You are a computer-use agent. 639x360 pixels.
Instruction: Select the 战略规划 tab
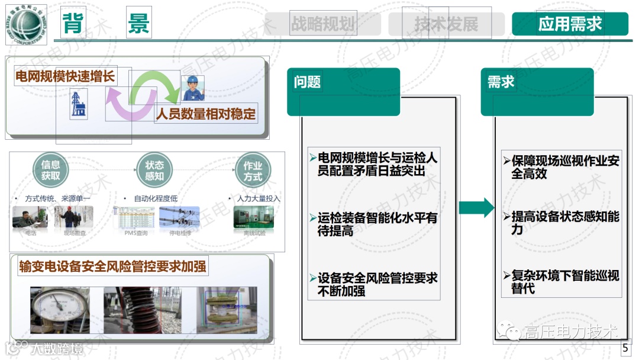322,24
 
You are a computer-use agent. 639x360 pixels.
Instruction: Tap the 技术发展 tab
447,24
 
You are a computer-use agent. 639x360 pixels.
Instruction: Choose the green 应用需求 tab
570,24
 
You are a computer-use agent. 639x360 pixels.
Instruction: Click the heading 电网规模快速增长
64,76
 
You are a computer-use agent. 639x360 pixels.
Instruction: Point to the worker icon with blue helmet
192,88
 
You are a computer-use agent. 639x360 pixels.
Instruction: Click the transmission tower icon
78,104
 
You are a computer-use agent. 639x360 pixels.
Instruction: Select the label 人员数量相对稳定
205,114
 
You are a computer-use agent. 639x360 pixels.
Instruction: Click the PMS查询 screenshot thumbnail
135,217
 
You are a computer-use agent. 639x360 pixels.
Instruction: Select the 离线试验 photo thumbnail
254,217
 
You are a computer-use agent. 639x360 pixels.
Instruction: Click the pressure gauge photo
60,310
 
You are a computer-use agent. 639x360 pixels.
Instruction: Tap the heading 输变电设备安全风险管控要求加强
112,266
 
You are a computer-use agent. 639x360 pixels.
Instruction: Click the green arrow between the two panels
476,207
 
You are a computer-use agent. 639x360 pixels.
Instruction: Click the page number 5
625,348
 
